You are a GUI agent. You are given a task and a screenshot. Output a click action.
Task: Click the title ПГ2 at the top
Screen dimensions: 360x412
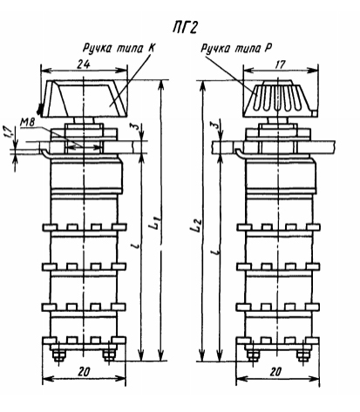coord(186,28)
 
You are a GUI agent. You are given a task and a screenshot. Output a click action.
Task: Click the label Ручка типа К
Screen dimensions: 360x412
coord(119,48)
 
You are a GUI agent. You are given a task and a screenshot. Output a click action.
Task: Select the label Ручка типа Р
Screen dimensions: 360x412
coord(236,48)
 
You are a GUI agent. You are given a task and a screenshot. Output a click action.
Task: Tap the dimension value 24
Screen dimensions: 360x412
coord(84,64)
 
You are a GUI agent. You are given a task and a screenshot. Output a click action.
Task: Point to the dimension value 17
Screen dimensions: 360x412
coord(280,64)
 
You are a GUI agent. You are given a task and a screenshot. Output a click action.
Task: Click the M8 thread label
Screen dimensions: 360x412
coord(27,122)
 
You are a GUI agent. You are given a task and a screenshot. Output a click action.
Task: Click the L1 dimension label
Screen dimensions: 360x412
coord(157,221)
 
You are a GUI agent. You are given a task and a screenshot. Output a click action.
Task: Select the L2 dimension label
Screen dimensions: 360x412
coord(196,225)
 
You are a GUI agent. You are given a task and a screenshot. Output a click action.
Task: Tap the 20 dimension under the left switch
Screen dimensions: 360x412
coord(84,372)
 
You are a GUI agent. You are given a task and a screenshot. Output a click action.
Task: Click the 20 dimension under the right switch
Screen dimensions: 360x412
coord(275,372)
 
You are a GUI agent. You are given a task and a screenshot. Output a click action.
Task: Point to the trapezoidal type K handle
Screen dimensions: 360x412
coord(84,98)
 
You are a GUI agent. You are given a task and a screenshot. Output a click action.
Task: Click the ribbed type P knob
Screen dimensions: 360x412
coord(280,98)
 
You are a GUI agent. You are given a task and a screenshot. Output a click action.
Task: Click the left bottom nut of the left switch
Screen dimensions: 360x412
coord(58,355)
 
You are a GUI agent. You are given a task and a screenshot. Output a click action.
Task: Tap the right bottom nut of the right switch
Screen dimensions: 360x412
coord(303,355)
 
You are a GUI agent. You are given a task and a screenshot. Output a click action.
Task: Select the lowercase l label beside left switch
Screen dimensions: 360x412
coord(138,246)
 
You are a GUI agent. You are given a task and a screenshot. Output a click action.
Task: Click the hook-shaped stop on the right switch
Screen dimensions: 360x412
coord(240,154)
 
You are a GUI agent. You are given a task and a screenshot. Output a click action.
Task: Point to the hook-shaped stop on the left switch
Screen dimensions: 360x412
coord(44,154)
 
